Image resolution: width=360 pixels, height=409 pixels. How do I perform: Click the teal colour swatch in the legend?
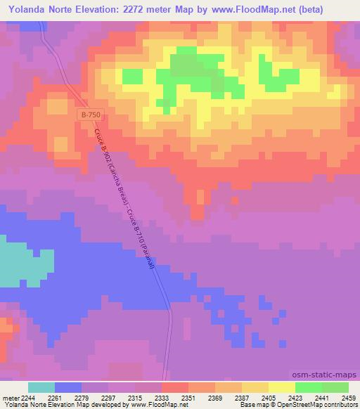coord(41,387)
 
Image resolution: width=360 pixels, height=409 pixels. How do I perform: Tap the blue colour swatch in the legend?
coord(68,387)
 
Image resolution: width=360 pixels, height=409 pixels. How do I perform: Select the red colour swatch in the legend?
coord(175,387)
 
